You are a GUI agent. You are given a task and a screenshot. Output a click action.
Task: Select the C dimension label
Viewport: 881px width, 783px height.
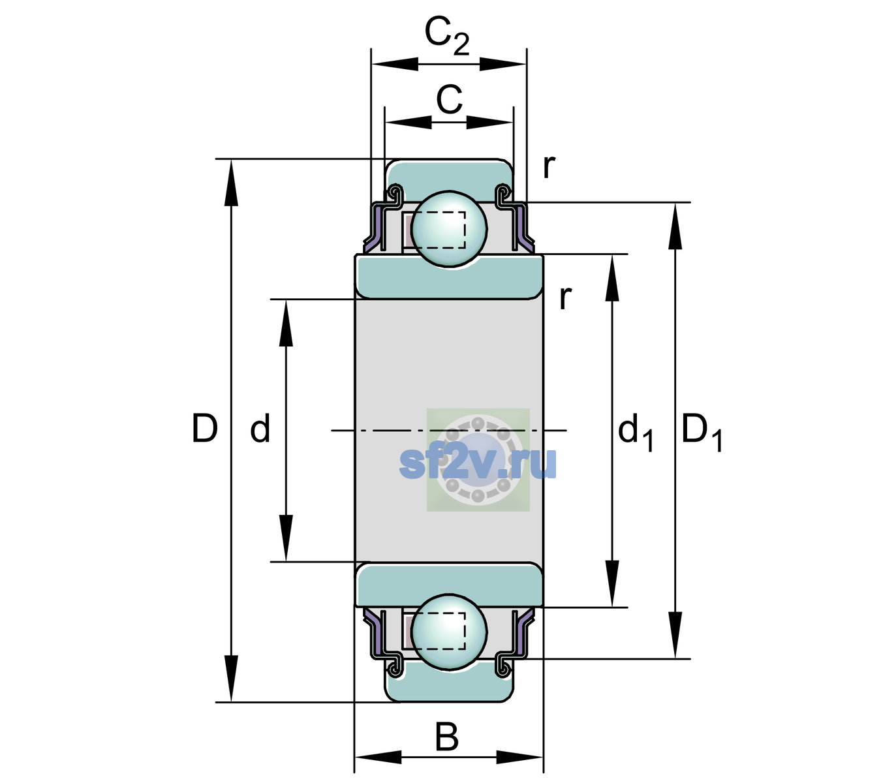click(x=449, y=100)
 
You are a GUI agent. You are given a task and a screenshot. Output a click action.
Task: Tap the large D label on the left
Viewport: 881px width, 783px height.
click(x=204, y=428)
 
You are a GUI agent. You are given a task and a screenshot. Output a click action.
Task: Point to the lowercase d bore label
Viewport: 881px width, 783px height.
click(x=260, y=428)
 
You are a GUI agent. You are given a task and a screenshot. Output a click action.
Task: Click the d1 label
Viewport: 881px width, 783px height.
click(x=636, y=432)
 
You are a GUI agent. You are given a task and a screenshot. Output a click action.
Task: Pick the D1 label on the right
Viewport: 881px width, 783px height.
click(x=702, y=432)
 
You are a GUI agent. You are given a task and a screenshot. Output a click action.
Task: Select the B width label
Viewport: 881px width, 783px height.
click(x=446, y=737)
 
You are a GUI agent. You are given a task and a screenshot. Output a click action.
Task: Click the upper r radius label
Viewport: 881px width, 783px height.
click(x=549, y=166)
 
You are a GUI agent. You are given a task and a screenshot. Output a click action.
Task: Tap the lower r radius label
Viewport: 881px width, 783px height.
click(x=565, y=298)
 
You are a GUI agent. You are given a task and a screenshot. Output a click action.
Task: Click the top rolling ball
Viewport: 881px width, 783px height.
click(x=449, y=228)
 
